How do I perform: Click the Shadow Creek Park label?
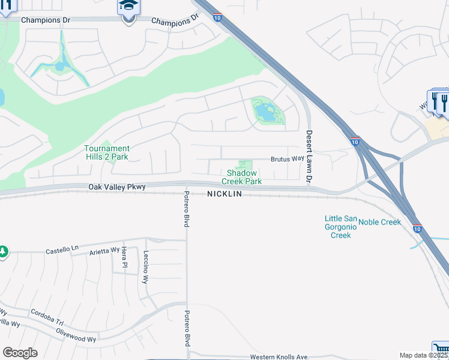242,177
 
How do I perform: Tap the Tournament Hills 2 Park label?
106,152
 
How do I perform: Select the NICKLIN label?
225,194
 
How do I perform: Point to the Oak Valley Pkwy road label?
117,187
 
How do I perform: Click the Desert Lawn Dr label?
309,157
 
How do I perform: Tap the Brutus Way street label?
287,159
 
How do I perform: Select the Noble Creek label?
379,222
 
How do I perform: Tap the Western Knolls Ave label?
279,357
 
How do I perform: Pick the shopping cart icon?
440,350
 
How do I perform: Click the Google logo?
20,353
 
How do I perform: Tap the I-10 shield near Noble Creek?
417,229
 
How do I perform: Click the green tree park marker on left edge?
3,251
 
